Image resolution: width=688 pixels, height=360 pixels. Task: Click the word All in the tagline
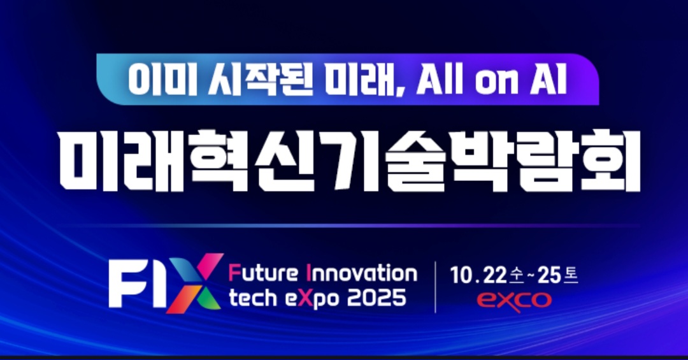(441, 80)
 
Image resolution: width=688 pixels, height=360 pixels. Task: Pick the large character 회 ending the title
(610, 160)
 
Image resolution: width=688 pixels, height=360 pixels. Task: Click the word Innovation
(361, 273)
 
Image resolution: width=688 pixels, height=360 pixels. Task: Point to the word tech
(253, 298)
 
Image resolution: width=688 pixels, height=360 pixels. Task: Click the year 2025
(376, 299)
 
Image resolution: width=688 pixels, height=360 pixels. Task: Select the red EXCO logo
(514, 301)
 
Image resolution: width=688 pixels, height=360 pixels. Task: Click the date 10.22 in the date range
(478, 275)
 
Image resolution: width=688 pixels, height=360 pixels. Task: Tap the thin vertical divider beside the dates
(435, 287)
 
